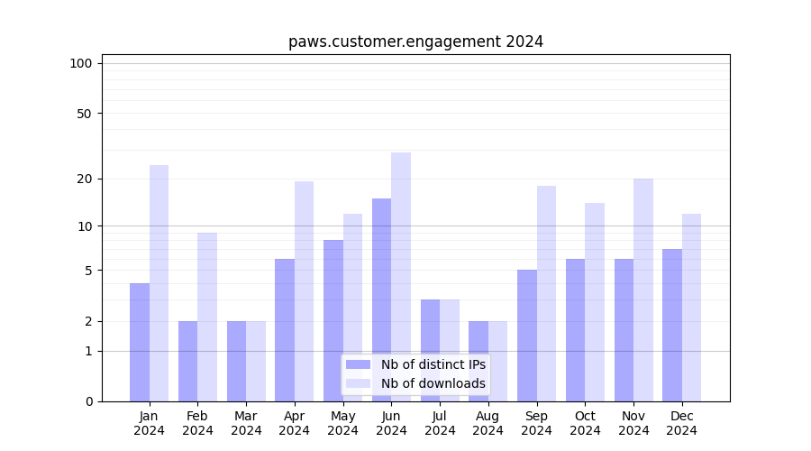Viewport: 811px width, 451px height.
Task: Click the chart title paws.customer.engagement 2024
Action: pyautogui.click(x=415, y=41)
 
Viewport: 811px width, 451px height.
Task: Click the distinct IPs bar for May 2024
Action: pyautogui.click(x=333, y=320)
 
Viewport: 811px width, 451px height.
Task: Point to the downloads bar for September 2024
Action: pyautogui.click(x=546, y=293)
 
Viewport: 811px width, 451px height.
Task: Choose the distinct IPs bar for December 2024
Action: pyautogui.click(x=672, y=325)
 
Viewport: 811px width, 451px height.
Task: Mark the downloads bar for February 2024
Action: pyautogui.click(x=207, y=317)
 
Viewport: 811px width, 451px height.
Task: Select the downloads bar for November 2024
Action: pyautogui.click(x=643, y=290)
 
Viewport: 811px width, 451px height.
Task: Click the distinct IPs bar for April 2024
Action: pyautogui.click(x=285, y=329)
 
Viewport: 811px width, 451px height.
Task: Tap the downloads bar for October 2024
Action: pyautogui.click(x=595, y=301)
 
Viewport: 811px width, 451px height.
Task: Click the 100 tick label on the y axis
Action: pyautogui.click(x=81, y=63)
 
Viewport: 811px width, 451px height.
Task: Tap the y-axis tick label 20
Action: pyautogui.click(x=85, y=179)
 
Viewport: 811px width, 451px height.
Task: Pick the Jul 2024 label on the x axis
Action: pyautogui.click(x=440, y=423)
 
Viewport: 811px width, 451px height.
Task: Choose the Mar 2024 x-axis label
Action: pyautogui.click(x=246, y=423)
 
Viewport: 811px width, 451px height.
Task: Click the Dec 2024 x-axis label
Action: pyautogui.click(x=682, y=423)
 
